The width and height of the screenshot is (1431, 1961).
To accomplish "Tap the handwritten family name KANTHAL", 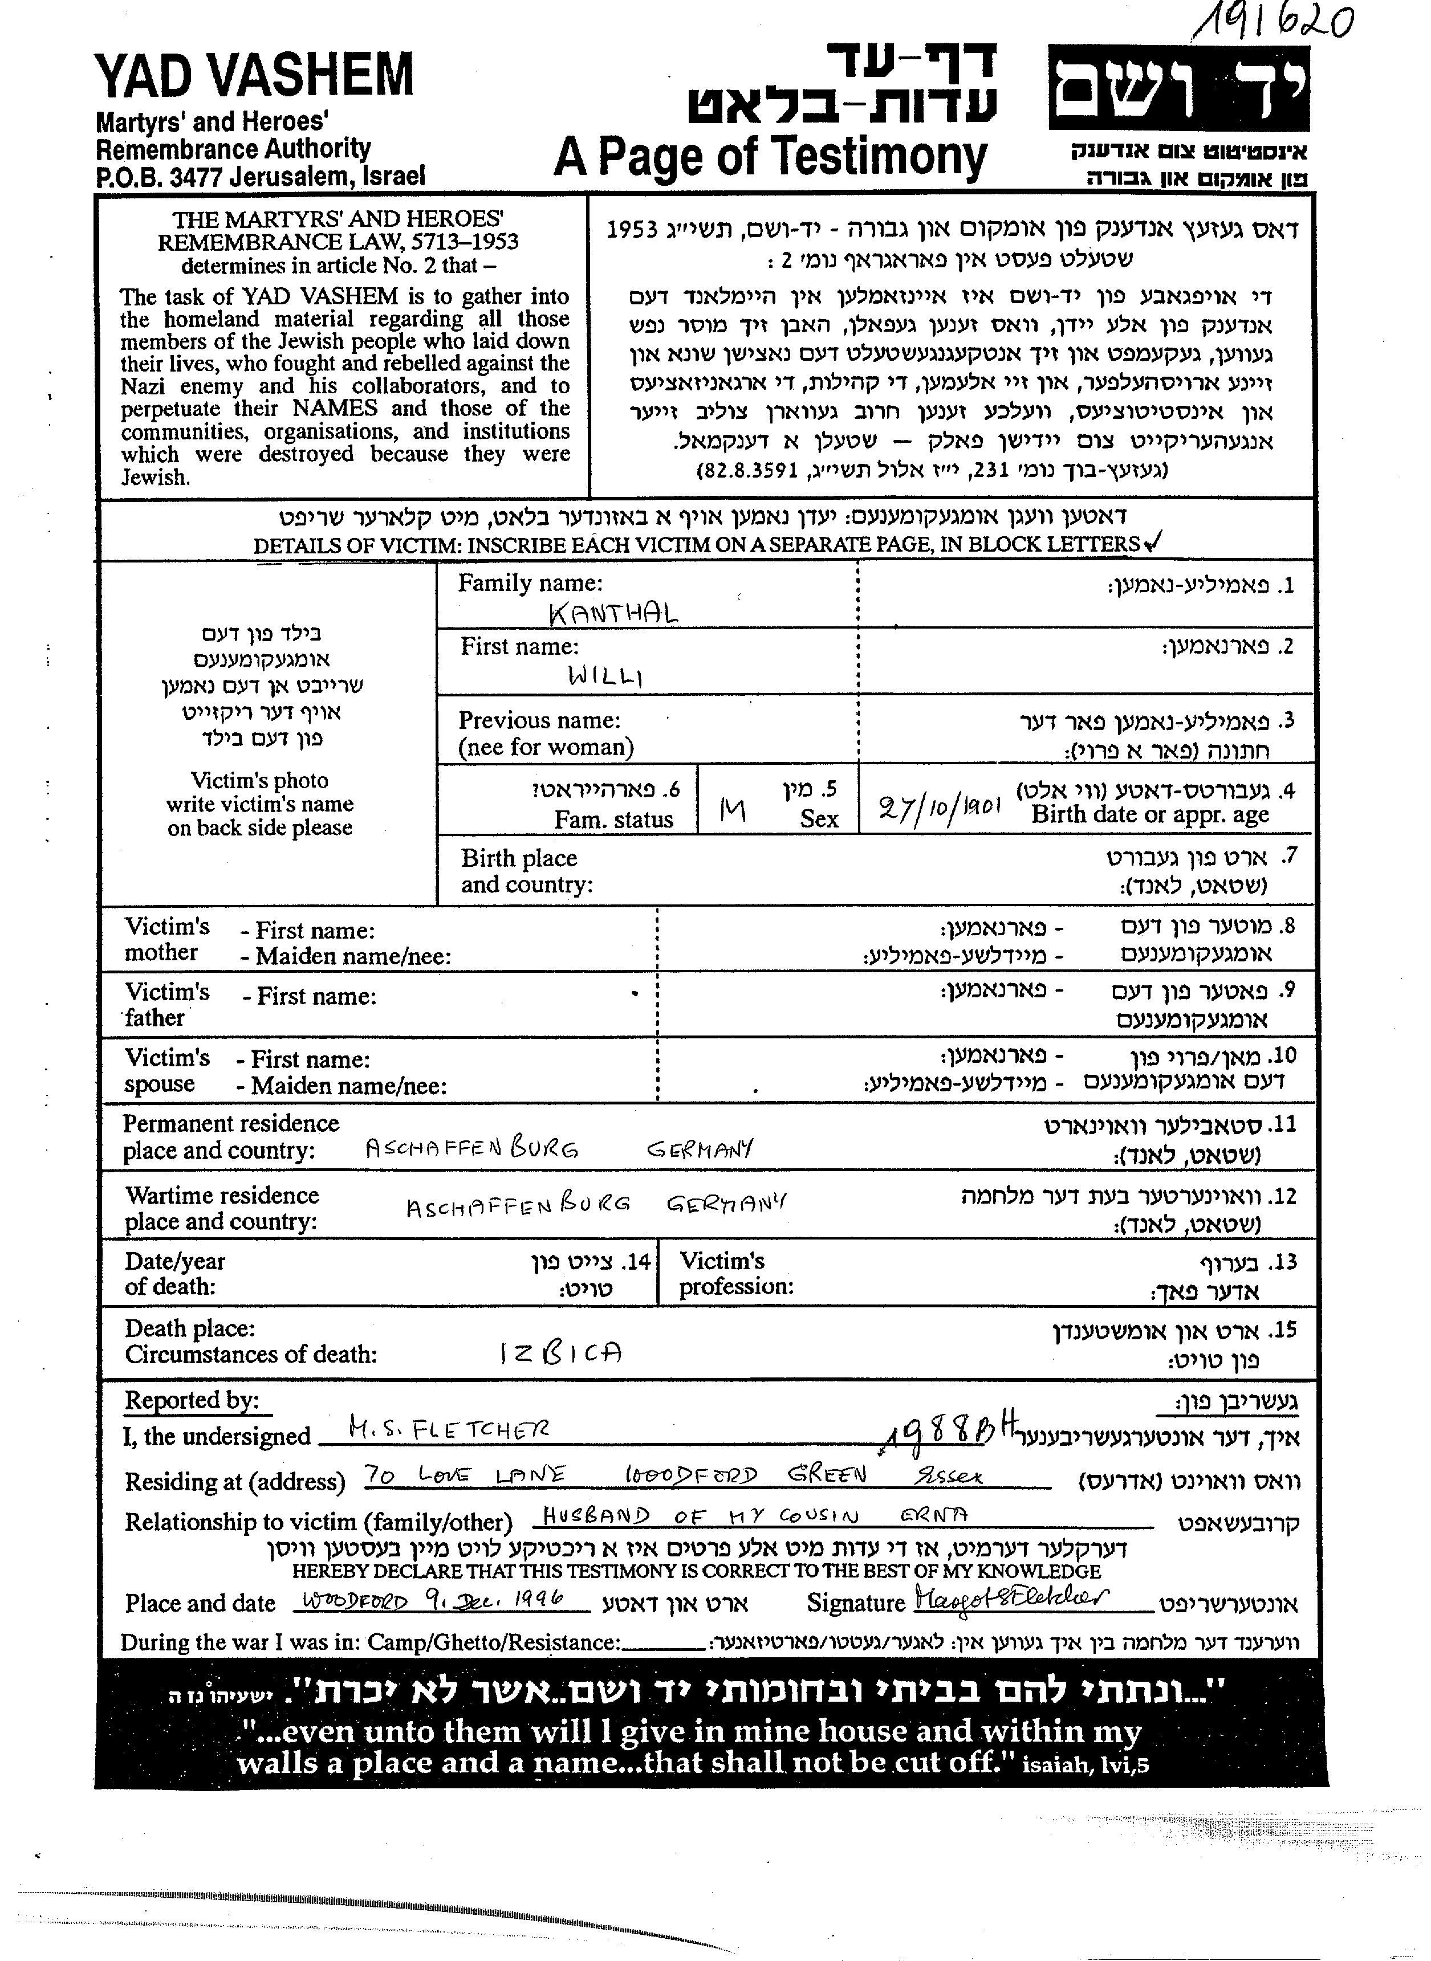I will (613, 614).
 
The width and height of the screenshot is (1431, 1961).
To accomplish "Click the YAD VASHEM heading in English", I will (255, 76).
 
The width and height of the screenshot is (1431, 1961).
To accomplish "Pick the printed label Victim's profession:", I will (735, 1274).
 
